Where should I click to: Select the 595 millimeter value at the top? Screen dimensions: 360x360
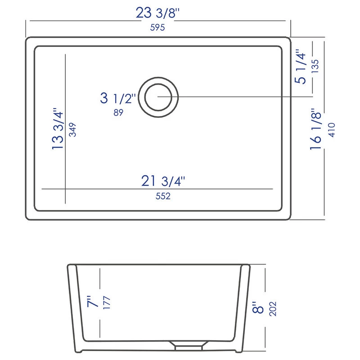pos(157,27)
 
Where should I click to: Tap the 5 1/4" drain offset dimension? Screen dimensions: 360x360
pos(301,68)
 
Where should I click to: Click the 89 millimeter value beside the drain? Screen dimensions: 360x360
pos(118,113)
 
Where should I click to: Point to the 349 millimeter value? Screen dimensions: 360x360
pos(72,130)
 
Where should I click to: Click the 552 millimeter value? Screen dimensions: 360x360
pos(163,196)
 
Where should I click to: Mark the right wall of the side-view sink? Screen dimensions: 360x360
pos(243,306)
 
